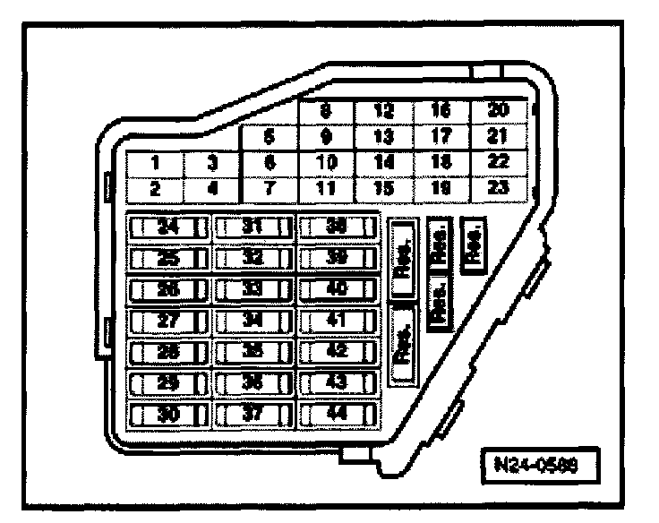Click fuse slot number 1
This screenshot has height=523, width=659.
pyautogui.click(x=154, y=164)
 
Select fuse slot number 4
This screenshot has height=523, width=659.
pyautogui.click(x=212, y=189)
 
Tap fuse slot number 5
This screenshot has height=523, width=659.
pyautogui.click(x=269, y=138)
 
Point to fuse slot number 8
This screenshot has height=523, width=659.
pyautogui.click(x=326, y=112)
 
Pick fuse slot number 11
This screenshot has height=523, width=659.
pyautogui.click(x=326, y=189)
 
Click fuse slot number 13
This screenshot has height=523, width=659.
pyautogui.click(x=383, y=138)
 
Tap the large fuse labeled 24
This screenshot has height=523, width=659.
pyautogui.click(x=167, y=227)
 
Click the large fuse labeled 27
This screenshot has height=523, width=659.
pyautogui.click(x=167, y=321)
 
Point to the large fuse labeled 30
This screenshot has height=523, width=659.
pyautogui.click(x=167, y=415)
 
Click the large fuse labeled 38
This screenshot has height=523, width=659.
pyautogui.click(x=337, y=227)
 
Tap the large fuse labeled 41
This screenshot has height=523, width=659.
pyautogui.click(x=337, y=321)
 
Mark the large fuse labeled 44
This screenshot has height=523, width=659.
pyautogui.click(x=337, y=415)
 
